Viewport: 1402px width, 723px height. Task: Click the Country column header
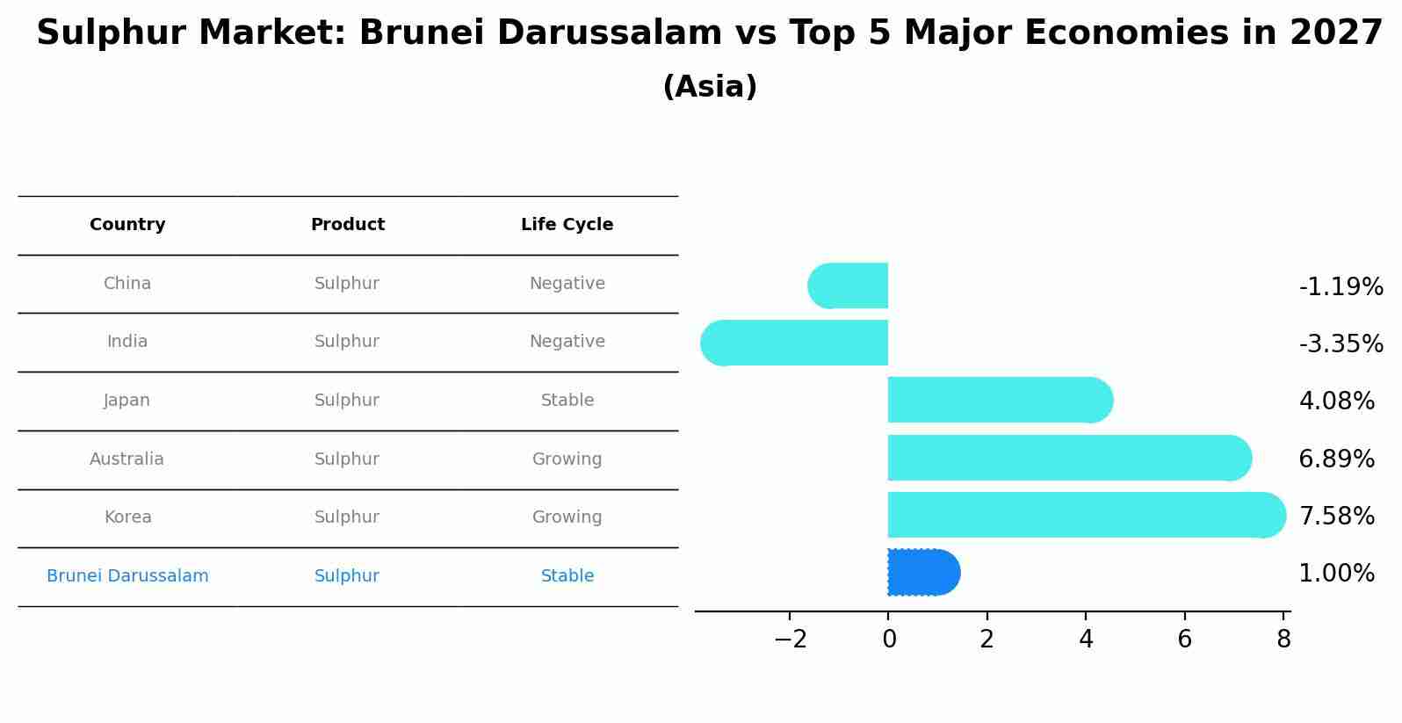[127, 225]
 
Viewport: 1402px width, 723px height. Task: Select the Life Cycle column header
[567, 225]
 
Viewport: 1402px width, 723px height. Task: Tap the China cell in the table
[127, 284]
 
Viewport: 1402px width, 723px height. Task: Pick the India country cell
[127, 342]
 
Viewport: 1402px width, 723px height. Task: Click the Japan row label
[127, 401]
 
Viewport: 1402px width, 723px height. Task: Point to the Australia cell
[126, 459]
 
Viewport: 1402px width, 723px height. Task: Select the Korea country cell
[128, 517]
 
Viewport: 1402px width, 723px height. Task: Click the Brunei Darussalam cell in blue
[127, 576]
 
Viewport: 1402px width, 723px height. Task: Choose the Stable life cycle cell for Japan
[567, 401]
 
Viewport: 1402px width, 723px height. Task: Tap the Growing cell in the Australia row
[567, 459]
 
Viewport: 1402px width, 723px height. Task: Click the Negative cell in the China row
[567, 284]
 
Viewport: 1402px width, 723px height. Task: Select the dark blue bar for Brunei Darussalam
[922, 573]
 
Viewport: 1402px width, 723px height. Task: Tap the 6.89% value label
[1336, 459]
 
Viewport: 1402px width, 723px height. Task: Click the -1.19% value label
[1341, 287]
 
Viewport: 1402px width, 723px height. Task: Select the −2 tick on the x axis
[790, 640]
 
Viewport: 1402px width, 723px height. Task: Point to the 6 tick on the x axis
[1184, 640]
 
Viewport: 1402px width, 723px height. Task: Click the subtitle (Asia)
[710, 87]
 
